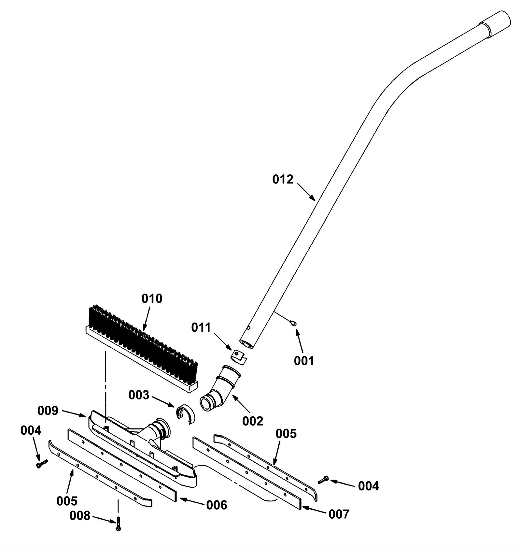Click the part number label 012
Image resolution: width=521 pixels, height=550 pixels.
(x=283, y=180)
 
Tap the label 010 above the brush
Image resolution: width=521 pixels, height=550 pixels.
(x=152, y=299)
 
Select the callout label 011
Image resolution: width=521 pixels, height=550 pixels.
(x=201, y=327)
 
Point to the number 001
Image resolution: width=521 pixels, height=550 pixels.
(x=304, y=361)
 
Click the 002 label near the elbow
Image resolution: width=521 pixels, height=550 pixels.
(x=252, y=421)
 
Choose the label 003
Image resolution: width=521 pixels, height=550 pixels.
(x=139, y=395)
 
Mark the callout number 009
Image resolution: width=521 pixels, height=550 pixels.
(x=48, y=411)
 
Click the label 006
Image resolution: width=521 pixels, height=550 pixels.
(x=217, y=505)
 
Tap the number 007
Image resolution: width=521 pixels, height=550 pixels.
(x=339, y=514)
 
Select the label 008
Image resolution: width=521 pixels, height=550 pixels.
(x=80, y=516)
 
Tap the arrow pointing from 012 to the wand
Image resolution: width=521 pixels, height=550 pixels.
(x=306, y=192)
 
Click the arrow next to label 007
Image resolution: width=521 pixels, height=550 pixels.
(x=314, y=510)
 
